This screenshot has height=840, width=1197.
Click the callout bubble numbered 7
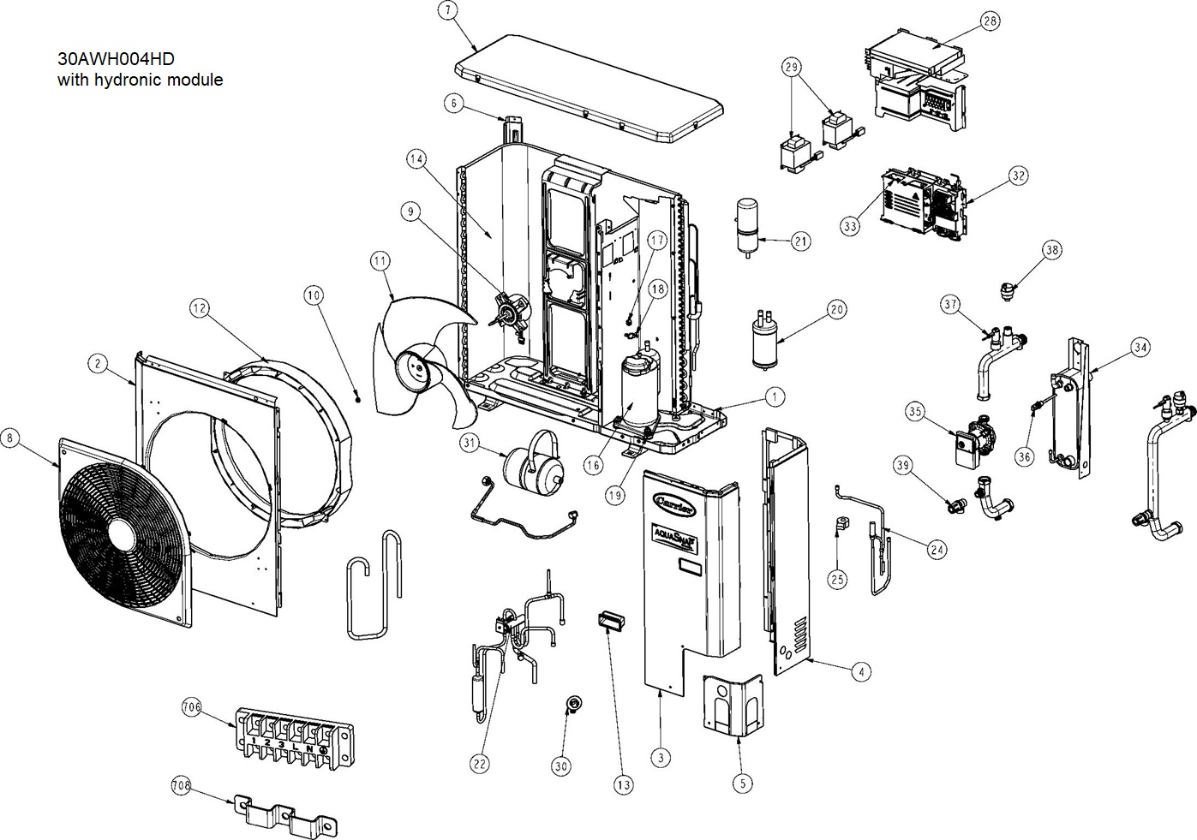click(446, 11)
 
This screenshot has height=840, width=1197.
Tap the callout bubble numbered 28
click(991, 21)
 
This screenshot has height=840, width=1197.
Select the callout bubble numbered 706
click(191, 707)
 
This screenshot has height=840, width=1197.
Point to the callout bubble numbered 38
click(1052, 250)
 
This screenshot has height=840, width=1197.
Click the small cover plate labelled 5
click(733, 703)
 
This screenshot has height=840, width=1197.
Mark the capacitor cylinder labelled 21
click(748, 223)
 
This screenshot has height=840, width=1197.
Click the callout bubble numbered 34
click(1140, 348)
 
